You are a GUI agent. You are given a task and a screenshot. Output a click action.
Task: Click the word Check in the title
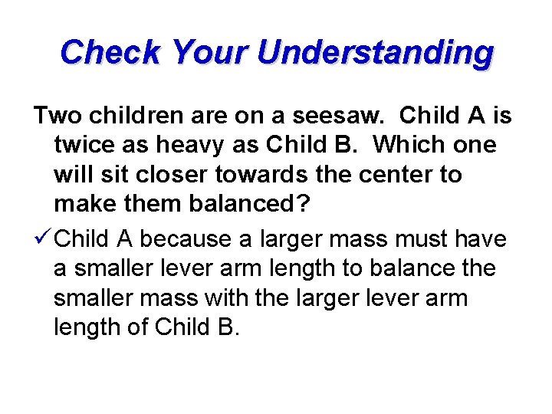point(110,53)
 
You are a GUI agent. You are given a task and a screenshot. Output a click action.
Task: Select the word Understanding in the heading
point(376,53)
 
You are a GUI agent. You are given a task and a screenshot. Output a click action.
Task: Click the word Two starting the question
point(57,116)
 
